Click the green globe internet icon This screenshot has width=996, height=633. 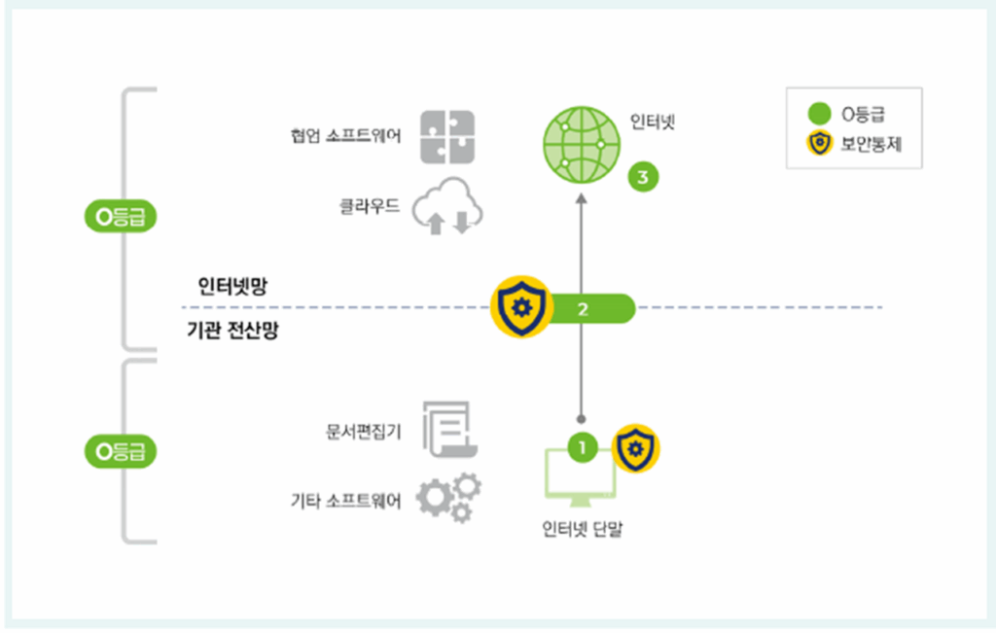[581, 144]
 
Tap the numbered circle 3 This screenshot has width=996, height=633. [643, 177]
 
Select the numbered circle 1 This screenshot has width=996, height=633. [582, 447]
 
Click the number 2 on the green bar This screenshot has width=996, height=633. [584, 309]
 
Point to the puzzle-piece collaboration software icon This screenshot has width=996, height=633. [447, 136]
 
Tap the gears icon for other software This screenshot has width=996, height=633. [448, 498]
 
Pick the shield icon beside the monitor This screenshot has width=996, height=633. [636, 448]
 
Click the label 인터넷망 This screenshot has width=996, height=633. [231, 287]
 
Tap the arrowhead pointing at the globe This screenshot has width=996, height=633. [582, 197]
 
